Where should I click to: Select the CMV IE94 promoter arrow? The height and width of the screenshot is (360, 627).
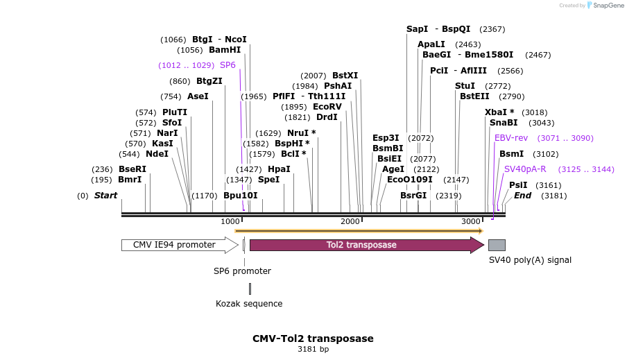click(179, 245)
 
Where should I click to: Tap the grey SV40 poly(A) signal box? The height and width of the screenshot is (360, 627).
click(497, 245)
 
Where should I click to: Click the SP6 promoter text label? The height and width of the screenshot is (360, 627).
click(242, 271)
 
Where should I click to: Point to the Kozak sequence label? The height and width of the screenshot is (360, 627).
click(249, 304)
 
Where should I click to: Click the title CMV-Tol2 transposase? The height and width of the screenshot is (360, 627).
click(313, 338)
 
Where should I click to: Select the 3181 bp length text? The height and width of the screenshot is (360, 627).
click(313, 350)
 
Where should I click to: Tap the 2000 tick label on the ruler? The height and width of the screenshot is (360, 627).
click(351, 221)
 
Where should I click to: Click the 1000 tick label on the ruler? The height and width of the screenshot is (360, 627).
click(230, 221)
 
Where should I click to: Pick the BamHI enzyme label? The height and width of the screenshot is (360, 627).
click(225, 50)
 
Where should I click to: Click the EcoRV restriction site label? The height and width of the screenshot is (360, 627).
click(327, 107)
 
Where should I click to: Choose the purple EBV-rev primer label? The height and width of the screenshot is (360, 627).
click(511, 138)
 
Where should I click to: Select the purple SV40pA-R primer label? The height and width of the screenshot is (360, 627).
click(525, 169)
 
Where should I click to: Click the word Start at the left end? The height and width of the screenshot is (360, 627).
click(105, 196)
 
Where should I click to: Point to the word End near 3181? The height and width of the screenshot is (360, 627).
click(522, 196)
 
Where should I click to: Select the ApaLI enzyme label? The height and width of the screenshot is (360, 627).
click(430, 44)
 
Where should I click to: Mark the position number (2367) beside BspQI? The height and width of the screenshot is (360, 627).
click(492, 29)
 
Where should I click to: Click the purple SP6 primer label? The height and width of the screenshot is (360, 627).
click(227, 65)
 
